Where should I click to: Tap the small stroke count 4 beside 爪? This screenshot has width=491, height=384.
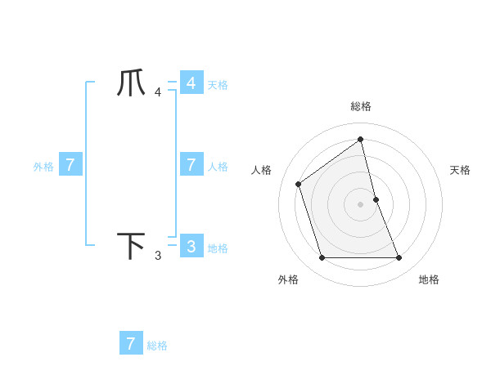[158, 92]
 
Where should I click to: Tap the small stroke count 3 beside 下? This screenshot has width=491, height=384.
[158, 256]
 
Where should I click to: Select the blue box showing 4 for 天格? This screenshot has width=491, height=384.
[191, 83]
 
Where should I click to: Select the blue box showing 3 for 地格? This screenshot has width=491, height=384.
[191, 246]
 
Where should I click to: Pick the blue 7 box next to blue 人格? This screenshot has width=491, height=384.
[191, 164]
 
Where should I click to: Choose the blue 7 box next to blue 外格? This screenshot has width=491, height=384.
[70, 164]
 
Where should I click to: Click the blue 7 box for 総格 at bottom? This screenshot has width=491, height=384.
[131, 343]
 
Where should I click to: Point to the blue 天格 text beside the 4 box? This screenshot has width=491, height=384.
[218, 85]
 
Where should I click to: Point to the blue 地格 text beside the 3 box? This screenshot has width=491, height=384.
[218, 248]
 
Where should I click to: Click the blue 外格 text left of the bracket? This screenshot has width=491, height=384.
[43, 167]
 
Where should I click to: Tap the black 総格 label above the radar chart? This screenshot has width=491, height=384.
[361, 106]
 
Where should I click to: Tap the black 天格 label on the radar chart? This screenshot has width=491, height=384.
[461, 170]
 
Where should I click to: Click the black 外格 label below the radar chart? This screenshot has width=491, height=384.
[288, 279]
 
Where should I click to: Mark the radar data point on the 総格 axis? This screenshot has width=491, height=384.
[361, 140]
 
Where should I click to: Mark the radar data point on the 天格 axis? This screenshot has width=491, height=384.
[376, 199]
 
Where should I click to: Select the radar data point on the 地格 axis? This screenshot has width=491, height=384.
[399, 258]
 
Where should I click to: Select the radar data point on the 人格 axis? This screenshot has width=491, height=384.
[299, 184]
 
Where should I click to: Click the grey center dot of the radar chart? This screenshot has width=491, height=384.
[361, 204]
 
